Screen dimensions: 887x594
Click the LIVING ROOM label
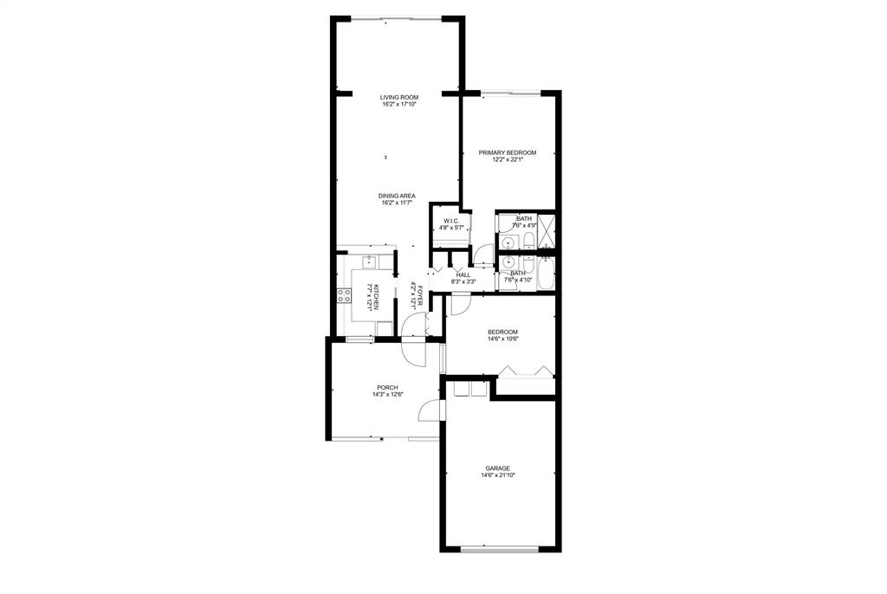point(398,97)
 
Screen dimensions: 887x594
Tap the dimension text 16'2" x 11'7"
point(397,203)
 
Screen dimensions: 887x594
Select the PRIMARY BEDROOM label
point(508,152)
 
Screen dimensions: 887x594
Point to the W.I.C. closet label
point(450,221)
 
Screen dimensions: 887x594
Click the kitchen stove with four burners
point(344,294)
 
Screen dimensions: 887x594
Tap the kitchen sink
point(369,261)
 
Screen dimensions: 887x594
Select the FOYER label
point(420,294)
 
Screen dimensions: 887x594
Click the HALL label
point(463,275)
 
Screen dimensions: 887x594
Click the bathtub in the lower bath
point(546,274)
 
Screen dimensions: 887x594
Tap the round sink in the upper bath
point(508,243)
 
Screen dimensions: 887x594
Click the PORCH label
point(387,388)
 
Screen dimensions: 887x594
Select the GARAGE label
point(498,468)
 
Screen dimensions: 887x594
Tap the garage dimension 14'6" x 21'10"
point(498,475)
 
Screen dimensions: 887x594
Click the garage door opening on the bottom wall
point(500,549)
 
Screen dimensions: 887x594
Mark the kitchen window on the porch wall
point(359,339)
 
